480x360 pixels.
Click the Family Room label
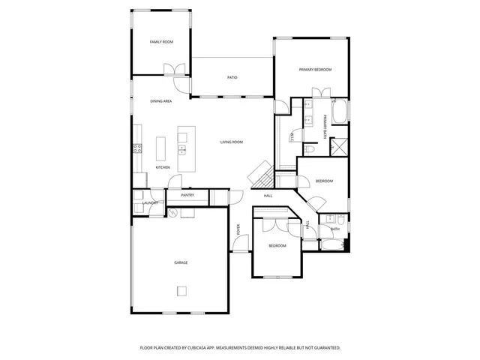(x=161, y=42)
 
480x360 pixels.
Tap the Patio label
(x=232, y=77)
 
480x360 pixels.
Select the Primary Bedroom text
(x=315, y=70)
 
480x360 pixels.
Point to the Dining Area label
(x=161, y=101)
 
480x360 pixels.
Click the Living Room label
(x=231, y=142)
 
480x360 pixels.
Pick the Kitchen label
(x=163, y=167)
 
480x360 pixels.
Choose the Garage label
(x=181, y=262)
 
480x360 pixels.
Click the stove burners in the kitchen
(x=137, y=148)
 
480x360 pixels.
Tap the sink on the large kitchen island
(x=181, y=148)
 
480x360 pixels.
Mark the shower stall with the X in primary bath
(x=340, y=145)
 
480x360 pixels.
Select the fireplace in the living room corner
(x=261, y=175)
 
